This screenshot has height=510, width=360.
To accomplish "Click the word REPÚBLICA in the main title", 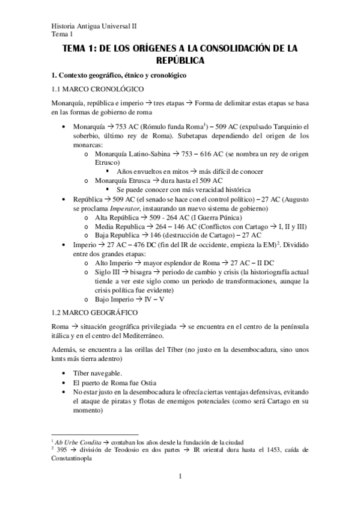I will tap(180, 61).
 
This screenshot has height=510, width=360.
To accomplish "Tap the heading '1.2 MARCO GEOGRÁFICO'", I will tap(91, 312).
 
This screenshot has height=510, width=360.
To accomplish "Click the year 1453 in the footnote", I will tap(273, 449).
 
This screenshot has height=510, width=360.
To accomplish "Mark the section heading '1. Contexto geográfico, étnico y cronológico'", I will tap(119, 76).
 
